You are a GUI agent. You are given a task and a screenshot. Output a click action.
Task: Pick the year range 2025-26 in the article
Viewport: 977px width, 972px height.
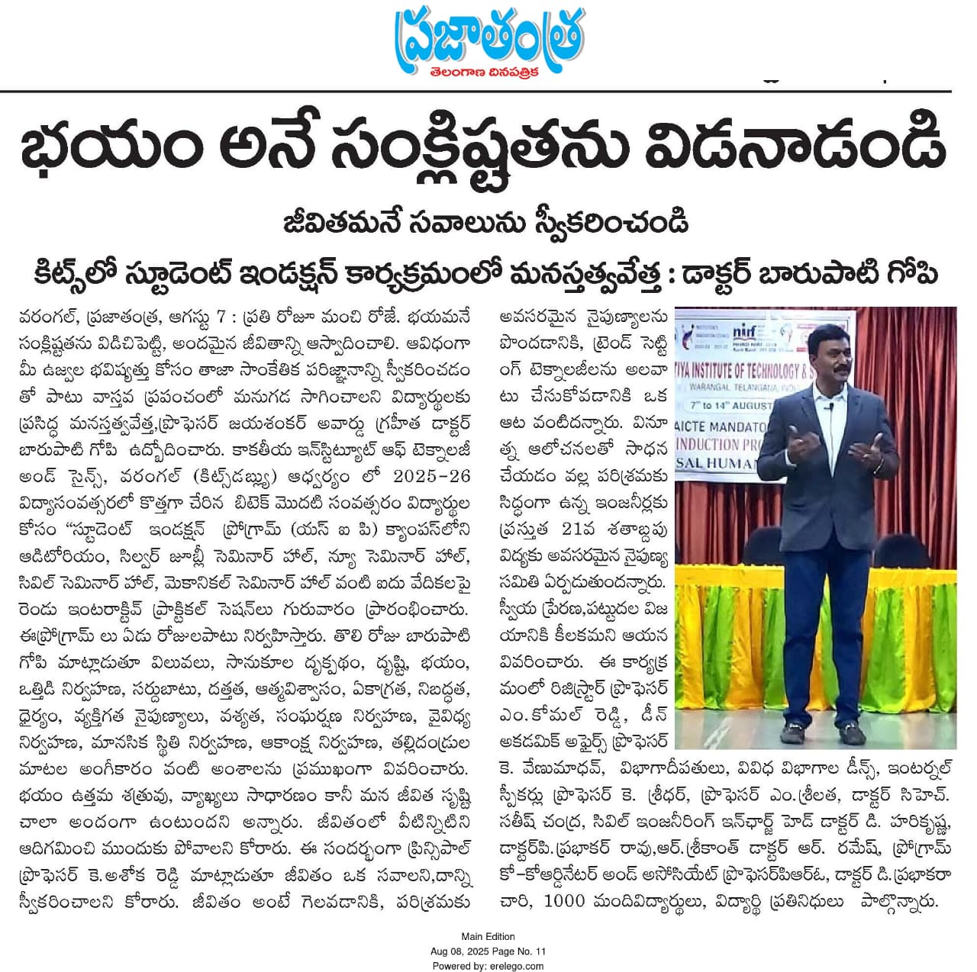click(x=431, y=476)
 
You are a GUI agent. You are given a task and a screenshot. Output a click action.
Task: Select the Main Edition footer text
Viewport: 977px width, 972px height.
click(x=488, y=936)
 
